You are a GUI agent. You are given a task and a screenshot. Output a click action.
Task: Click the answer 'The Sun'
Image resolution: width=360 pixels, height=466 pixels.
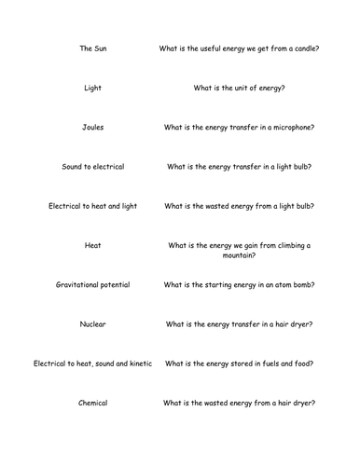coord(92,48)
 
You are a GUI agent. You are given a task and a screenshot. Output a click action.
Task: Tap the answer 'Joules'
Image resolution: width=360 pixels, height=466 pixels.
coord(92,128)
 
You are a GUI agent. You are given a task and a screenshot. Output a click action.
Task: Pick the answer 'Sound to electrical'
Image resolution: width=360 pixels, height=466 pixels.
coord(92,167)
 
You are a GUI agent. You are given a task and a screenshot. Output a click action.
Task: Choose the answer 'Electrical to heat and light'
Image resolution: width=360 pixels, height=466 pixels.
coord(92,206)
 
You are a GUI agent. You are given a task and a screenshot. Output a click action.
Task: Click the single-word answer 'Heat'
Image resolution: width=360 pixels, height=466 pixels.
coord(92,246)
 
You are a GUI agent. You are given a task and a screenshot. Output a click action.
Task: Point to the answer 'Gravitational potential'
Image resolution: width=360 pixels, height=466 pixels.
coord(92,284)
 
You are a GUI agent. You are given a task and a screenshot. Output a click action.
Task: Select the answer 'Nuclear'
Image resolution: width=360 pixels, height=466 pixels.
coord(92,324)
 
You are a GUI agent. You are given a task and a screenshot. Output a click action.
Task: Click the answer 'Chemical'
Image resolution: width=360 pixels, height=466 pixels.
coord(92,403)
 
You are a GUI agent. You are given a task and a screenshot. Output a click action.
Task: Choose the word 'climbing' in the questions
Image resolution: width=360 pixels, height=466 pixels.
coord(282,246)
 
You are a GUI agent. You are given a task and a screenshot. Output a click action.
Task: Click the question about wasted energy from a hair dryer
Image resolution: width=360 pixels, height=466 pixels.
coord(239,403)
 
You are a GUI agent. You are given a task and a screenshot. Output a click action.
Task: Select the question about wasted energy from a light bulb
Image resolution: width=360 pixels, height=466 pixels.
coord(239,206)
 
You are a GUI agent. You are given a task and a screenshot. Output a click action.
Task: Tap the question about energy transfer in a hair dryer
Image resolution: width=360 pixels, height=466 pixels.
coord(239,324)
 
